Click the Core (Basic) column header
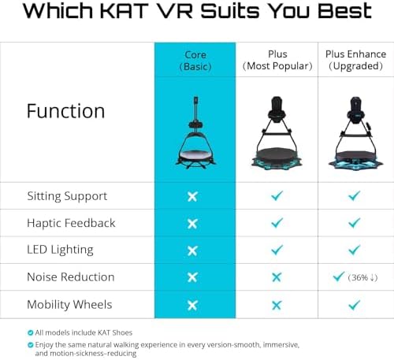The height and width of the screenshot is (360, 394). click(195, 61)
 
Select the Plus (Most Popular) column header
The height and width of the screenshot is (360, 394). click(277, 60)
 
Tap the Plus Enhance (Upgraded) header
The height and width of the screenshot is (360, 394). click(355, 60)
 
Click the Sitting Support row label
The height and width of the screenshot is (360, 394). click(67, 196)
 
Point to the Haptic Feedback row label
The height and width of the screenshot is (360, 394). click(71, 223)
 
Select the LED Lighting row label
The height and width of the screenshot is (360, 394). click(60, 250)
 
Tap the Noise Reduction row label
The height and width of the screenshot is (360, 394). click(71, 277)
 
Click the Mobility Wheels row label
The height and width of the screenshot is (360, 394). click(69, 305)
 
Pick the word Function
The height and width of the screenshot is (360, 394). click(65, 111)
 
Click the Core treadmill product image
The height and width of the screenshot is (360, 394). click(195, 132)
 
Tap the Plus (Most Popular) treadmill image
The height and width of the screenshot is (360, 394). click(277, 133)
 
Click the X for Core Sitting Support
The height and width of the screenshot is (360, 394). click(192, 196)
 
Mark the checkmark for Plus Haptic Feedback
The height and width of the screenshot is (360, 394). click(277, 223)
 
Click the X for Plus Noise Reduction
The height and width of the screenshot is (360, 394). click(277, 277)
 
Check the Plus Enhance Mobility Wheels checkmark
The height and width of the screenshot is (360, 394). click(355, 305)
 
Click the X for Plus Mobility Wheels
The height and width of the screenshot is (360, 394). click(277, 305)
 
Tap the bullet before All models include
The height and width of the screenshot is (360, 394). click(31, 332)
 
